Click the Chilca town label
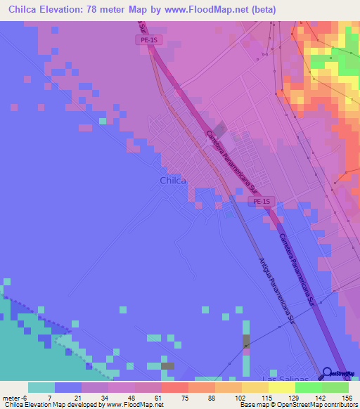(173, 181)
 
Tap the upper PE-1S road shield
(149, 40)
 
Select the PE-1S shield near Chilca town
(261, 202)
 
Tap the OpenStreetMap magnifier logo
(328, 373)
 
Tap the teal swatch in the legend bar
(41, 387)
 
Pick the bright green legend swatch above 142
(309, 387)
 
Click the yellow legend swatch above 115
(255, 387)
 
